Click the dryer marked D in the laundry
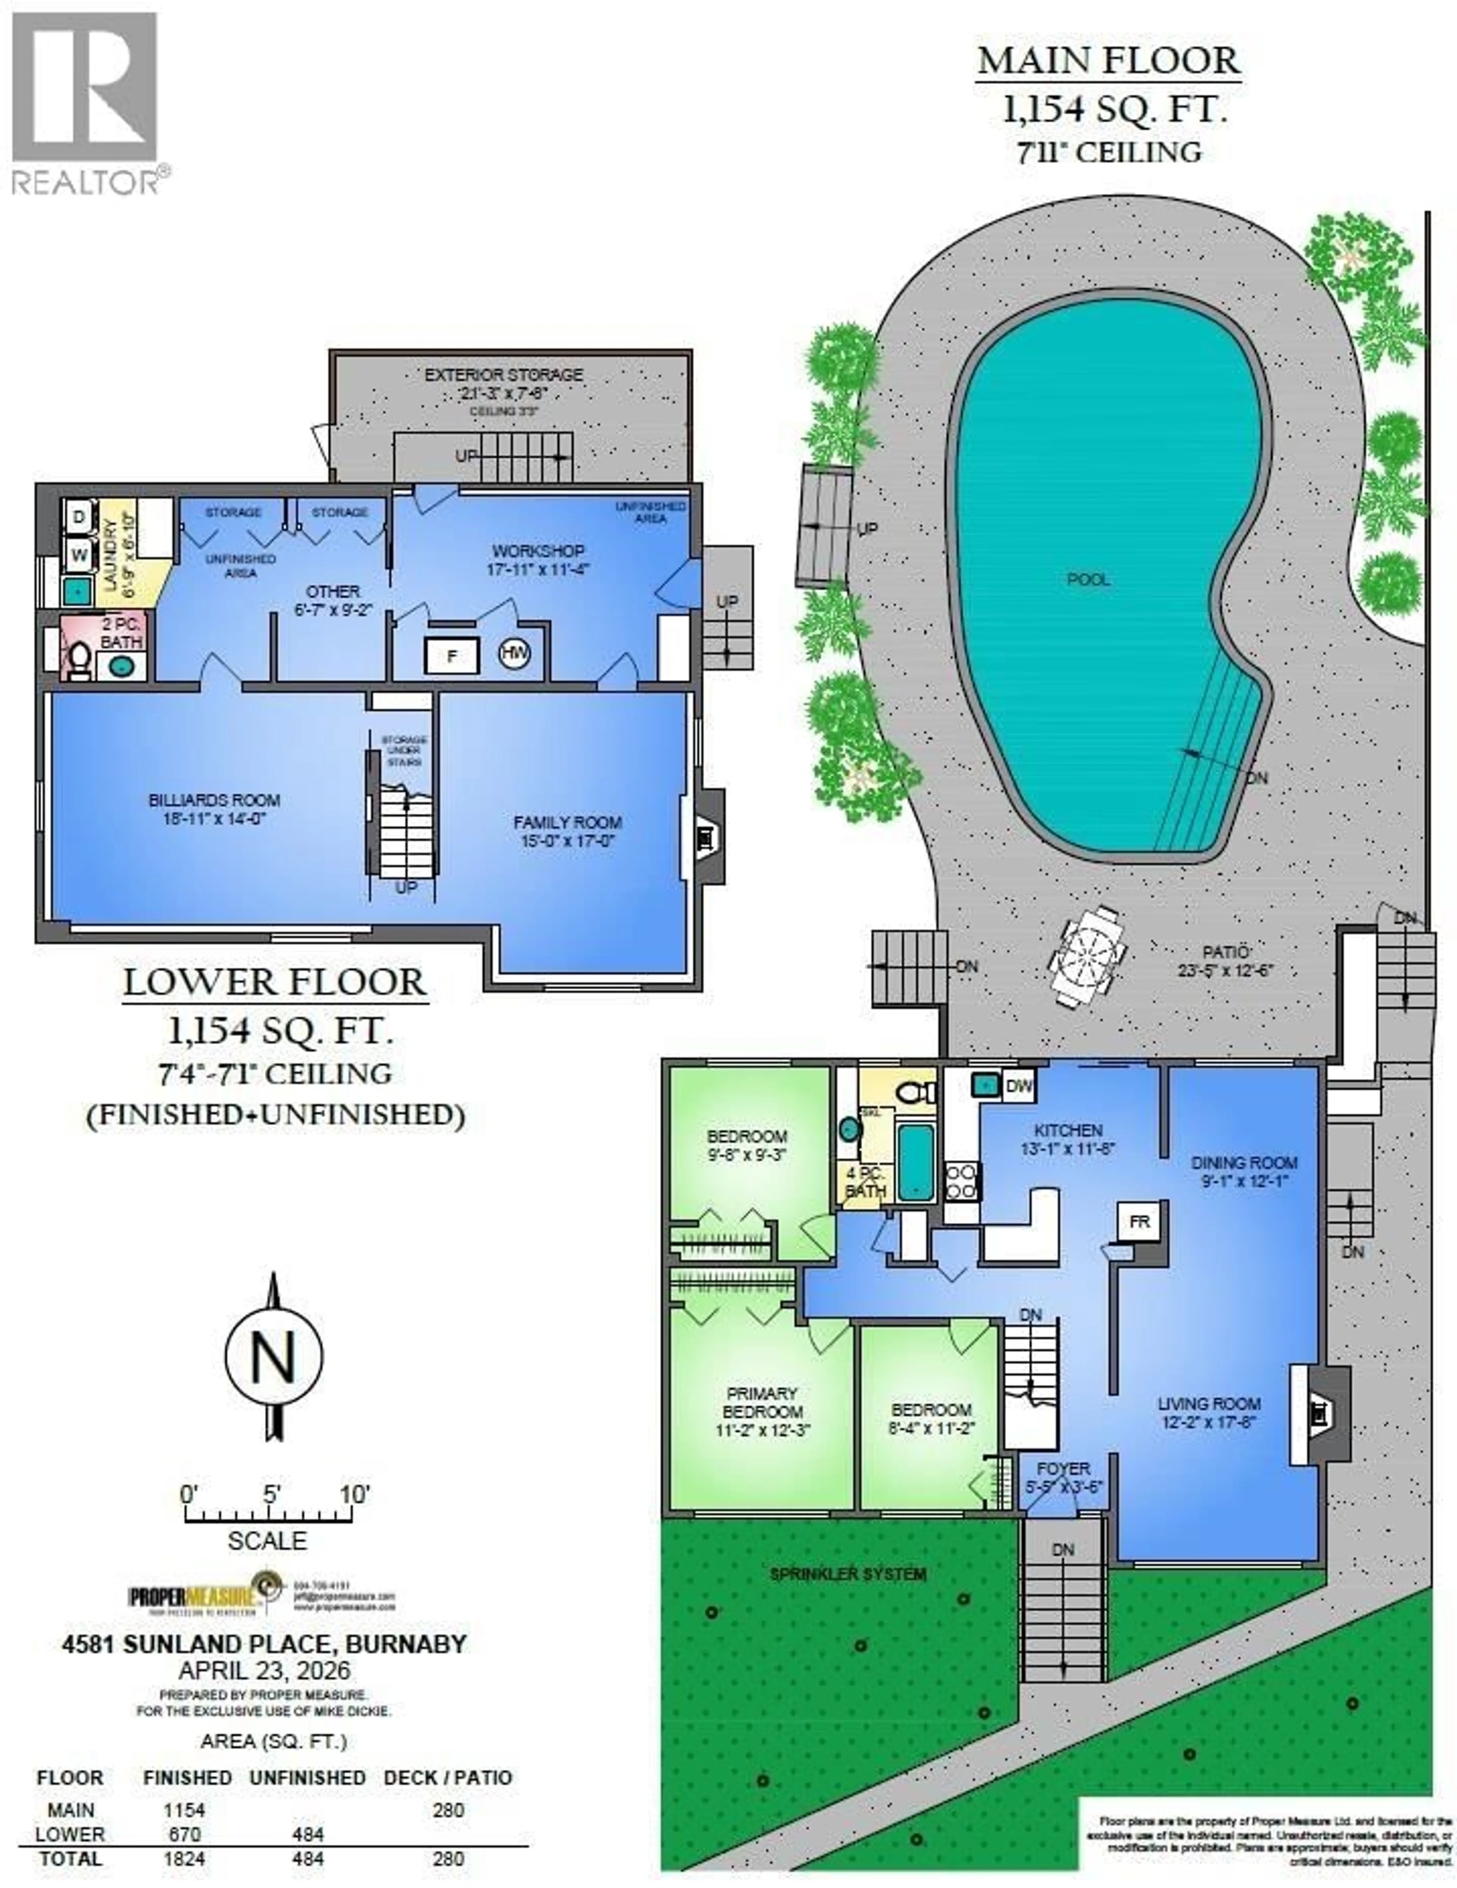coord(79,517)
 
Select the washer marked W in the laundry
coord(79,554)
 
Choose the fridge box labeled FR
coord(1140,1222)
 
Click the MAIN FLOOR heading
coord(1109,61)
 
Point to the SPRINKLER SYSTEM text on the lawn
coord(848,1574)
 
